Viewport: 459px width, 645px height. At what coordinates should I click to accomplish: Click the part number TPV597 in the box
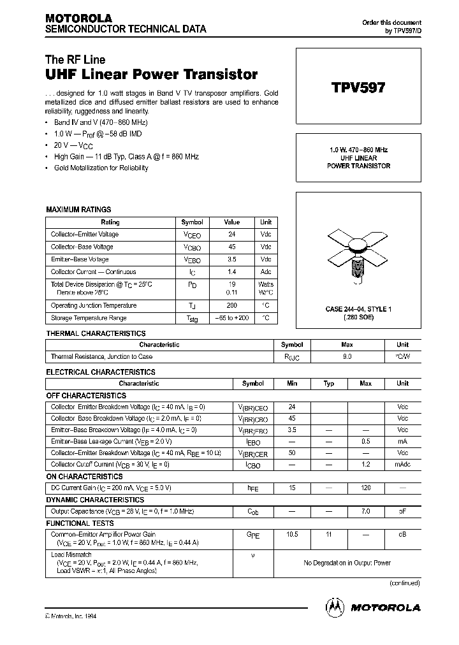click(x=358, y=88)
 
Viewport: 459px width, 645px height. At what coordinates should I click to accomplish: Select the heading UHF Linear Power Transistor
click(x=152, y=74)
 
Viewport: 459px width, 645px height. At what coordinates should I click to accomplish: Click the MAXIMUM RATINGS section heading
click(x=78, y=209)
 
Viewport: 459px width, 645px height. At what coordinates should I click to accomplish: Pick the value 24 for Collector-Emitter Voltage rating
click(x=232, y=234)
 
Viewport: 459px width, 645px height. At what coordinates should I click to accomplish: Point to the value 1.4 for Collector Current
click(x=232, y=272)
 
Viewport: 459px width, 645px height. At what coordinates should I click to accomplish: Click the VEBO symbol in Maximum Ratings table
click(x=192, y=260)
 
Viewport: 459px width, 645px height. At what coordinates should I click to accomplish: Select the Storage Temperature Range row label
click(x=89, y=318)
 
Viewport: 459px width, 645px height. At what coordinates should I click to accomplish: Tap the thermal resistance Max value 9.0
click(x=347, y=357)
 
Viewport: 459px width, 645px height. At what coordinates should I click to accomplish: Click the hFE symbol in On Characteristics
click(x=253, y=488)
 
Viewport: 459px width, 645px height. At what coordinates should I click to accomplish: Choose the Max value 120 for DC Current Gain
click(x=366, y=488)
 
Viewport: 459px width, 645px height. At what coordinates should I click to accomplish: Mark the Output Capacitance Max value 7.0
click(x=366, y=511)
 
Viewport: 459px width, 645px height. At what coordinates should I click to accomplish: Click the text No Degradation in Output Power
click(x=347, y=563)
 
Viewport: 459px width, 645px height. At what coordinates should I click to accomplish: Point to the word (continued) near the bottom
click(x=404, y=583)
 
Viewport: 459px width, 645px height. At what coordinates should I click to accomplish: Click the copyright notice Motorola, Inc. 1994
click(x=71, y=616)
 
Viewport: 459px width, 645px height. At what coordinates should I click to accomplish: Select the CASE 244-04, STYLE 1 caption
click(x=358, y=309)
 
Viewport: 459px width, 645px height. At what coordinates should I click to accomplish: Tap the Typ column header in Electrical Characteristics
click(x=329, y=384)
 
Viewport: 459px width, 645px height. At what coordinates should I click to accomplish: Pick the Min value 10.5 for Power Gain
click(x=292, y=534)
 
